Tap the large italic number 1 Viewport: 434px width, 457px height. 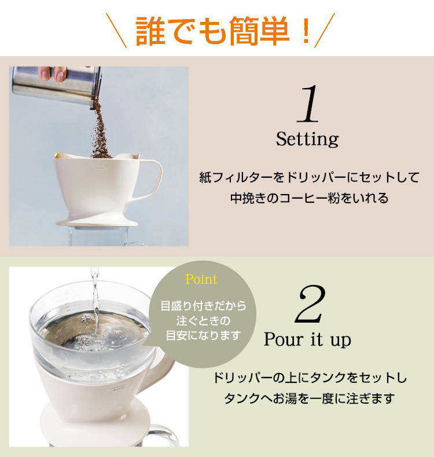click(x=308, y=104)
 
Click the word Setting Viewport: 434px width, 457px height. click(x=308, y=140)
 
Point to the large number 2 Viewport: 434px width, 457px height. click(x=310, y=304)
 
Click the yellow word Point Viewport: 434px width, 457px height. click(x=201, y=279)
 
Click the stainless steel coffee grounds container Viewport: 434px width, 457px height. click(x=57, y=86)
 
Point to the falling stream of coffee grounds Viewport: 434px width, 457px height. click(x=101, y=131)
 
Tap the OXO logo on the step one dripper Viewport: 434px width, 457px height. click(x=101, y=167)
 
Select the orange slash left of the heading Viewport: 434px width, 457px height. click(x=116, y=30)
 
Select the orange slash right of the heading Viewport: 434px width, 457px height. click(x=325, y=30)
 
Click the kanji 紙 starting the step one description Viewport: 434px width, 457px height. click(x=205, y=177)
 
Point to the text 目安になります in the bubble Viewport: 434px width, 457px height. click(x=203, y=335)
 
